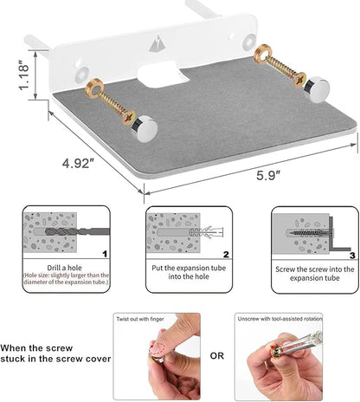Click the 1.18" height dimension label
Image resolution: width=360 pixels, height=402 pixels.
coord(24,75)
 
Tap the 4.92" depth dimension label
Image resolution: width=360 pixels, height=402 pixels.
coord(78,164)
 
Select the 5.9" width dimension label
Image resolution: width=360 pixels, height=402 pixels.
coord(268,175)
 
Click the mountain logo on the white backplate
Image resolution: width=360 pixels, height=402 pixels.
coord(157,43)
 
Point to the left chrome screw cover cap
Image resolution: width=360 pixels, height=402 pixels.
coord(145,129)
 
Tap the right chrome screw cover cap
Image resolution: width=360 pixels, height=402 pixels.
coord(317,89)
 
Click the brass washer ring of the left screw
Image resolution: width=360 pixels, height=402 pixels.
coord(94,88)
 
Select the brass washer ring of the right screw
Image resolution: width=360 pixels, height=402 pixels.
coord(263,54)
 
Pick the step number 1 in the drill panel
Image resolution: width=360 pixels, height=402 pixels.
coord(105,254)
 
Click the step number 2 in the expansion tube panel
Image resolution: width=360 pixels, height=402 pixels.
coord(226,254)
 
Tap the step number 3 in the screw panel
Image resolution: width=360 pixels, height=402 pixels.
coord(352,256)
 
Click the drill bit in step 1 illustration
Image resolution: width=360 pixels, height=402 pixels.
coord(77,231)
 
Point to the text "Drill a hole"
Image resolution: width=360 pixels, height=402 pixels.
coord(64,268)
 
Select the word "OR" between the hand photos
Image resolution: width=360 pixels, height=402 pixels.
coord(217,356)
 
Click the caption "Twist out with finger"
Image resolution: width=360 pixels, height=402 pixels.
coord(140,319)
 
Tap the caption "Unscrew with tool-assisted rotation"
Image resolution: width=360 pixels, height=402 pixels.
coord(280,319)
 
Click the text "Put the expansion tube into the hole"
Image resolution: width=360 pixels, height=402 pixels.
coord(189,272)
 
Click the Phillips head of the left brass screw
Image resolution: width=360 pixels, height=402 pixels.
coord(129,118)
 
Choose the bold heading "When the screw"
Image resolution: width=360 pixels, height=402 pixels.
coord(36,348)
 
